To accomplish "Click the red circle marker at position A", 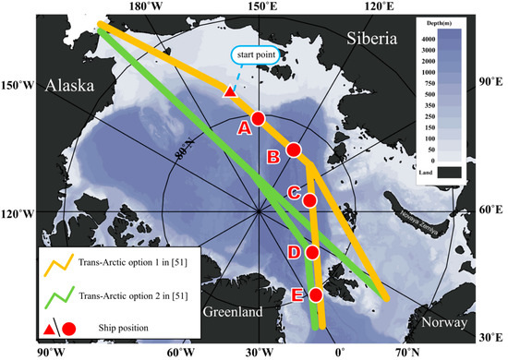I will coord(258,118).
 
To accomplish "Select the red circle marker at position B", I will coord(294,150).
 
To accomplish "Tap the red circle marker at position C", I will coord(309,199).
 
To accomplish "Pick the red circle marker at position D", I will coord(312,252).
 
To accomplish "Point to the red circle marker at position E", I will coord(316,294).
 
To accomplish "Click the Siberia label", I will coord(372,38).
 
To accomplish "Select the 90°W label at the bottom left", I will coord(48,352).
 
